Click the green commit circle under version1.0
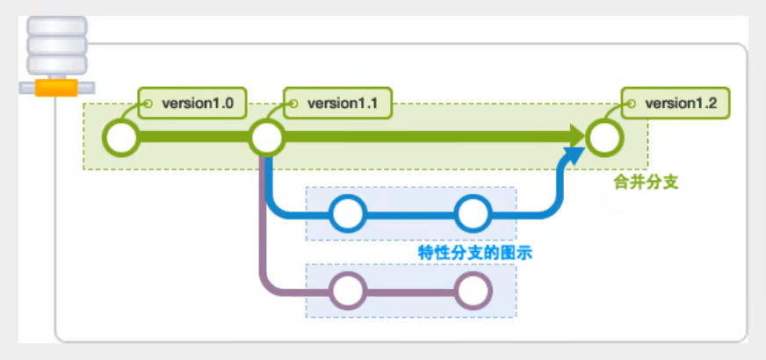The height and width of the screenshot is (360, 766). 121,137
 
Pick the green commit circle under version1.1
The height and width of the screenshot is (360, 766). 266,137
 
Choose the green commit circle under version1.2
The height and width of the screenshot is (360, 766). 604,137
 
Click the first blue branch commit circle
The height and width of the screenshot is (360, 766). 349,213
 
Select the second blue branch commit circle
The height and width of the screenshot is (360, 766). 473,213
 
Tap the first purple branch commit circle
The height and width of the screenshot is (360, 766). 349,290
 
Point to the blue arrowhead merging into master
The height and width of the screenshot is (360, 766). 572,156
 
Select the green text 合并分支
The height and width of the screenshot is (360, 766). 647,183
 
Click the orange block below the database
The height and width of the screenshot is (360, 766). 55,89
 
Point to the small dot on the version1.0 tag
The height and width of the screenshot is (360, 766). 148,104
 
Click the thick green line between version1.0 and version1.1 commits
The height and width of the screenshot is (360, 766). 193,137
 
